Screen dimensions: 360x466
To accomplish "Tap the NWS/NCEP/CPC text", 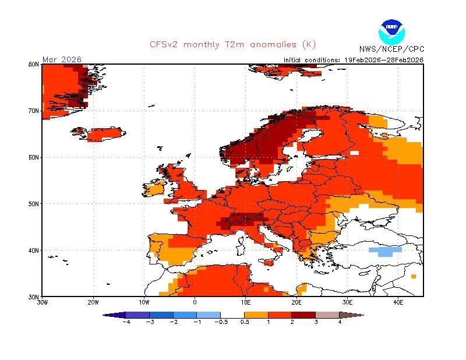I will coord(391,49).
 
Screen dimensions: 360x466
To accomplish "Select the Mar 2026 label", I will coord(62,59).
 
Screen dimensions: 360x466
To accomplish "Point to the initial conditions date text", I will coord(354,59).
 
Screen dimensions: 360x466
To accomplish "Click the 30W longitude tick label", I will coord(42,302).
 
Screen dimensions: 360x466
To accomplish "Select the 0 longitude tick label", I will coord(195,302).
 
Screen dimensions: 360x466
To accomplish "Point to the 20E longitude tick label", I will coord(296,302).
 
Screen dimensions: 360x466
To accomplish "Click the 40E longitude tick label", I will coord(398,302).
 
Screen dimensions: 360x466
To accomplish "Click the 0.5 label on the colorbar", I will coord(245,322).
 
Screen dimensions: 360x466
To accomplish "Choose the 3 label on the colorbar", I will coord(316,322).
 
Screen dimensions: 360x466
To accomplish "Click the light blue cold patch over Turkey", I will coord(385,251).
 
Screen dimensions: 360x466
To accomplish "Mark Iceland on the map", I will coord(105,134).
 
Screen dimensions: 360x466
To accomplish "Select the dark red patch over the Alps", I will coord(239,221).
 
